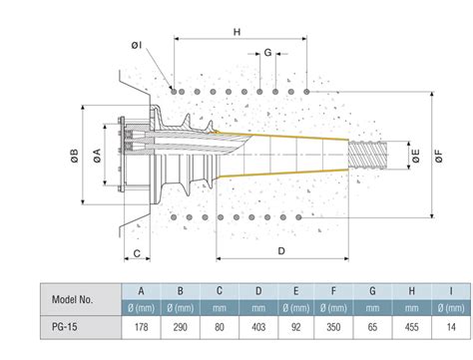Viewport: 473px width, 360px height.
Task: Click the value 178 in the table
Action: tap(141, 325)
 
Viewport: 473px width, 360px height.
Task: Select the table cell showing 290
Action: tap(181, 325)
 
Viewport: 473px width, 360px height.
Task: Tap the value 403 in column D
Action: tap(258, 325)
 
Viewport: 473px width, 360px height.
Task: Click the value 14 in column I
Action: tap(451, 325)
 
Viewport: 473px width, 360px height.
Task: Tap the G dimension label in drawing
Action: tap(267, 52)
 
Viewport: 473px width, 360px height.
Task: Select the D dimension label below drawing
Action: tap(282, 250)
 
